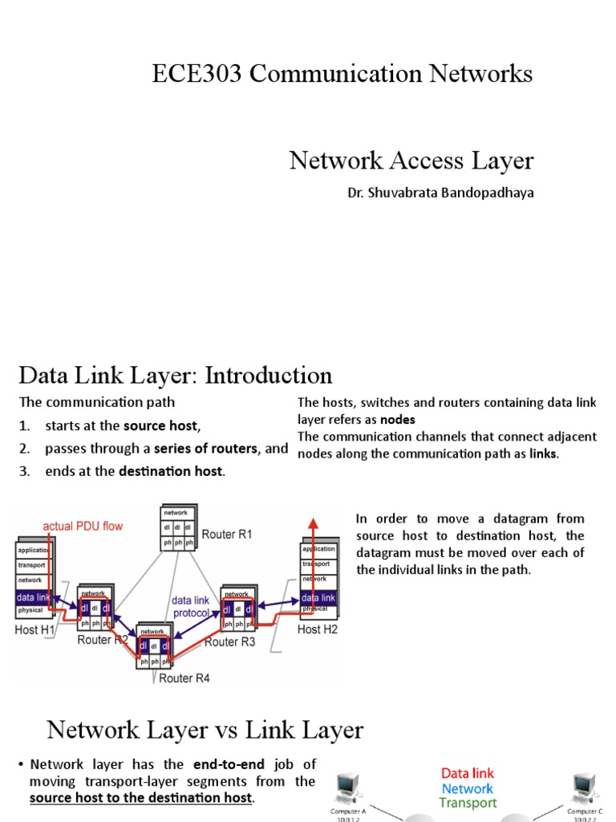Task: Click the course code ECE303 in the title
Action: point(198,75)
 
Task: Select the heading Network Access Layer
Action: point(411,161)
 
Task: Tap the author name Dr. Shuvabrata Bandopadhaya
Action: point(440,193)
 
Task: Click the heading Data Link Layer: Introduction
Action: point(175,376)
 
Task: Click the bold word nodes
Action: point(397,419)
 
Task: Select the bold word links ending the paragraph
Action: point(543,454)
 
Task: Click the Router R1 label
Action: point(227,534)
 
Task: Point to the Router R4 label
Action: point(184,678)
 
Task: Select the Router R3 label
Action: point(229,641)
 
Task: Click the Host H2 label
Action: point(318,629)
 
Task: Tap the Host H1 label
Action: point(34,630)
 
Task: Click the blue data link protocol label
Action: point(190,606)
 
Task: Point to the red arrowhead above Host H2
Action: point(314,523)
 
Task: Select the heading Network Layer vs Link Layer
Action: point(205,730)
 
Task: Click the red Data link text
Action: point(468,774)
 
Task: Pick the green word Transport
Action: point(468,803)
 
